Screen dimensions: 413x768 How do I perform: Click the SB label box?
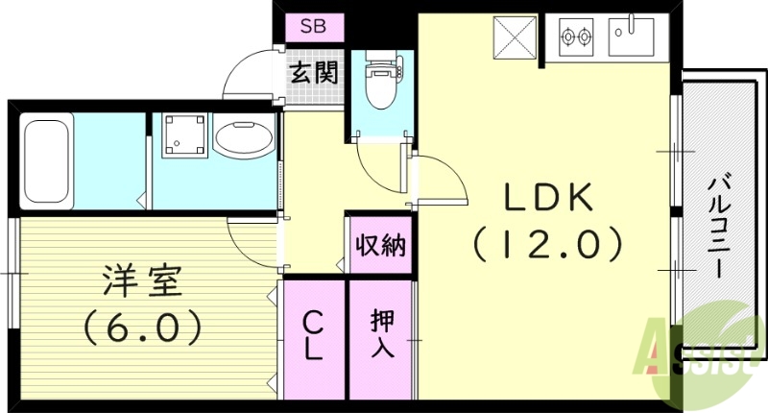[x=313, y=27]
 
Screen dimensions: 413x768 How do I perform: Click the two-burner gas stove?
[x=576, y=37]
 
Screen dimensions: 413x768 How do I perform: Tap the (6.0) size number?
[x=142, y=328]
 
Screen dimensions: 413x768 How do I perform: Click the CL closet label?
[x=314, y=336]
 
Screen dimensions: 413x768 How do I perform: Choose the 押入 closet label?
[x=381, y=336]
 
